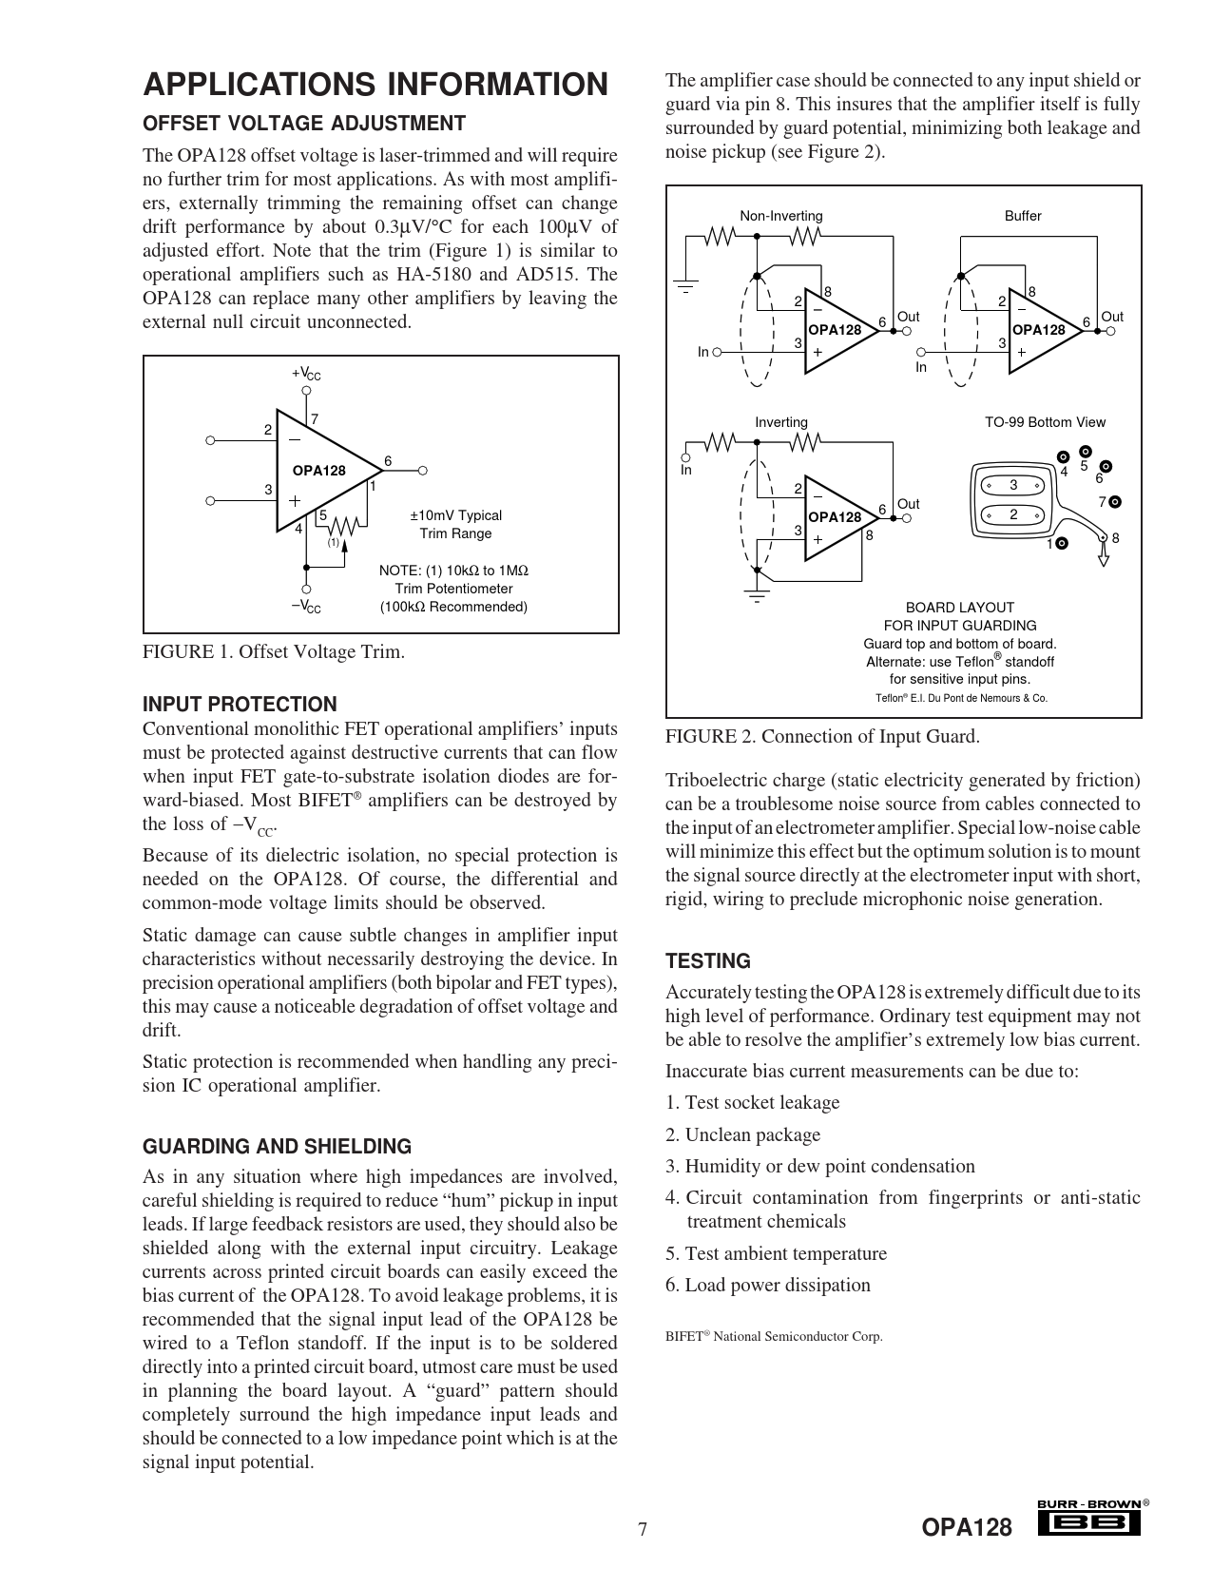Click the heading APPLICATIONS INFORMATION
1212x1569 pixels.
pos(375,85)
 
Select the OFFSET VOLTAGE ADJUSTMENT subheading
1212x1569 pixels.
pos(303,124)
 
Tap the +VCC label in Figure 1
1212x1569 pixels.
pos(306,375)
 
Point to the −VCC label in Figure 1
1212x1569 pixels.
pos(306,607)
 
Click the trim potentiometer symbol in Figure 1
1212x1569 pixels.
pos(343,526)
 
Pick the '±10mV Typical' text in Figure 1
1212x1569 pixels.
pos(455,515)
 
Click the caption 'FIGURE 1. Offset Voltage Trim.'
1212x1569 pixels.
pos(273,652)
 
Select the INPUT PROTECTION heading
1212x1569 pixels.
pos(240,705)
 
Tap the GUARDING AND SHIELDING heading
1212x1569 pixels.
pos(277,1147)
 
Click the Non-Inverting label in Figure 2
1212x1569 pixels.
pos(780,216)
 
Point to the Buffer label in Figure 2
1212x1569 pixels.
pos(1023,216)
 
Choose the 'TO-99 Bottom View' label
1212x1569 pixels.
pos(1045,422)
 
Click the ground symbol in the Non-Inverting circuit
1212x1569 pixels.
pos(684,285)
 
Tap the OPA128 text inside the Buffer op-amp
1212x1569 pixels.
pos(1038,330)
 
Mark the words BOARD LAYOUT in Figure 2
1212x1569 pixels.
pos(959,607)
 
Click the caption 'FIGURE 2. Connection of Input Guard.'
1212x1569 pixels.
pos(821,736)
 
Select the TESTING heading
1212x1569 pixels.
pos(708,961)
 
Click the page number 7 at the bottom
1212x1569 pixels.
pos(643,1529)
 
